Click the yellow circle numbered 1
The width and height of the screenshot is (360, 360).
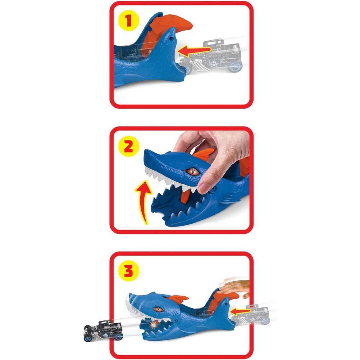tap(129, 20)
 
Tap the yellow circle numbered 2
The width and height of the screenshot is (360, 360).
tap(129, 146)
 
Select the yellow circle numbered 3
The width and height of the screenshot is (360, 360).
tap(129, 270)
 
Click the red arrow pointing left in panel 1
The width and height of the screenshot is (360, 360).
tap(194, 51)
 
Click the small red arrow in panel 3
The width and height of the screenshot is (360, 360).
tap(240, 311)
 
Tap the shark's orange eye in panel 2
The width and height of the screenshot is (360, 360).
tap(193, 171)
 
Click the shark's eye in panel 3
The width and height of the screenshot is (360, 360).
tap(158, 309)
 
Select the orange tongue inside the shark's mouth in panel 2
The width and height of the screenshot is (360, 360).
tap(186, 196)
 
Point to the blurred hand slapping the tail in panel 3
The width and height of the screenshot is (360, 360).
tap(234, 287)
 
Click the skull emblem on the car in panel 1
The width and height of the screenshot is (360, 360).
tap(214, 63)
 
